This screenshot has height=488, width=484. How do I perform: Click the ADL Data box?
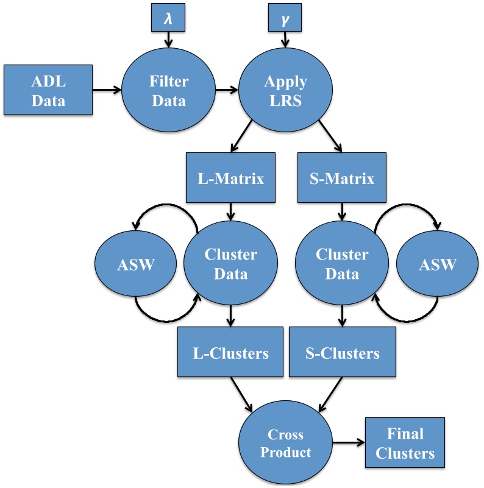click(48, 90)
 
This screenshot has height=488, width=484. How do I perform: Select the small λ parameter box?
click(167, 20)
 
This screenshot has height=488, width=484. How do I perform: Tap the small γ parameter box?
click(284, 20)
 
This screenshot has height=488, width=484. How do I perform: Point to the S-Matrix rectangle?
click(343, 179)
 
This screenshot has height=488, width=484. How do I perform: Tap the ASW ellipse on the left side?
click(135, 266)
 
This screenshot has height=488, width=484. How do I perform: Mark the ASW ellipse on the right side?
click(437, 266)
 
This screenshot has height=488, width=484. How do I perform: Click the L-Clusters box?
click(230, 353)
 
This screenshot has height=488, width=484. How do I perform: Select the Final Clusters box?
click(405, 443)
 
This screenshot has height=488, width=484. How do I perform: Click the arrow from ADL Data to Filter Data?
click(107, 91)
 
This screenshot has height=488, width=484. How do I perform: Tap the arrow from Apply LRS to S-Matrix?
click(324, 140)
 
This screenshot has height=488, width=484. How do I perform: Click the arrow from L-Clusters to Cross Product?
click(243, 394)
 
